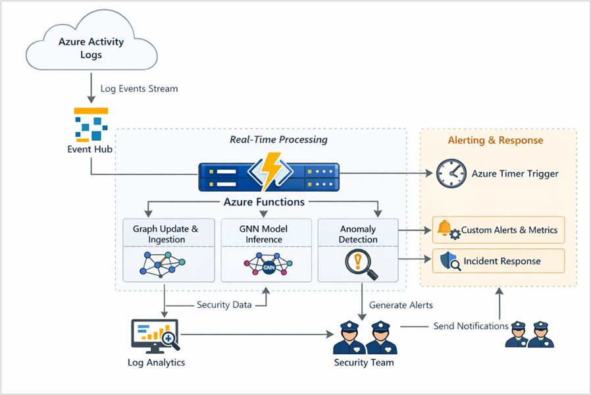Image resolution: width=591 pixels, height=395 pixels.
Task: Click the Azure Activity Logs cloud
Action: tap(91, 47)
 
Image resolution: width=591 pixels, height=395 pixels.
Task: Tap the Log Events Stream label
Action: tap(139, 89)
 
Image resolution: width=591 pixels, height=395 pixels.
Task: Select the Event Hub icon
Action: tap(91, 124)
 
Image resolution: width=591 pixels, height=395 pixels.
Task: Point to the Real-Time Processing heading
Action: tap(278, 140)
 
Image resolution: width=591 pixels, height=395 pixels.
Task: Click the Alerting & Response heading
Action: tap(496, 140)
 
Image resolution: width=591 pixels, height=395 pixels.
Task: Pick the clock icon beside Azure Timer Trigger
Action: tap(451, 174)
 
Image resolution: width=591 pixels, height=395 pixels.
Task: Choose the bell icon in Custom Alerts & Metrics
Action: tap(445, 228)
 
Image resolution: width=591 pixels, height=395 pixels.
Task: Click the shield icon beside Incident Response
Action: tap(449, 261)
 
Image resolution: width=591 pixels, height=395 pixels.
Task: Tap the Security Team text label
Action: tap(363, 362)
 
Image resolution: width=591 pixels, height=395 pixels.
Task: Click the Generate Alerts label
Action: tap(401, 305)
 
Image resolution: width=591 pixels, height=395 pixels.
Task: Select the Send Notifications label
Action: tap(471, 326)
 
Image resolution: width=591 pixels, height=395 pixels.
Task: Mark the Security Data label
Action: tap(223, 305)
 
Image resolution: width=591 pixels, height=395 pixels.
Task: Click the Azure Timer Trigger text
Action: tap(515, 174)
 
